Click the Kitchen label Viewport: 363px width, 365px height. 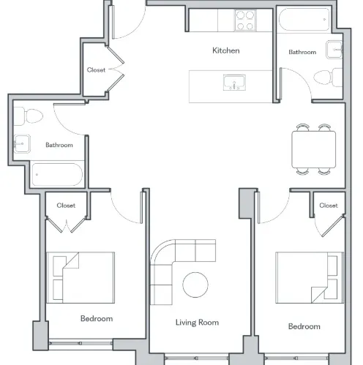tap(225, 50)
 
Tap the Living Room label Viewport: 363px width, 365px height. tap(198, 322)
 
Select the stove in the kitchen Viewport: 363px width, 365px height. tap(245, 20)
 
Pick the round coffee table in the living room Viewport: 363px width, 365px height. tap(196, 284)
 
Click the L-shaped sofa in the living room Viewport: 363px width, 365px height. tap(176, 263)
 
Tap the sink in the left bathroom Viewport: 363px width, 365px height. tap(21, 144)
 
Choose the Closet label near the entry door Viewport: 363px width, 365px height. tap(96, 70)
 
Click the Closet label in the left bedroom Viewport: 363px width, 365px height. tap(66, 206)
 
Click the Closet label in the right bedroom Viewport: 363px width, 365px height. tap(329, 206)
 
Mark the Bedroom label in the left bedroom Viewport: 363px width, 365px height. tap(97, 318)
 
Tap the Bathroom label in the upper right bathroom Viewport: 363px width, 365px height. tap(302, 52)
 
